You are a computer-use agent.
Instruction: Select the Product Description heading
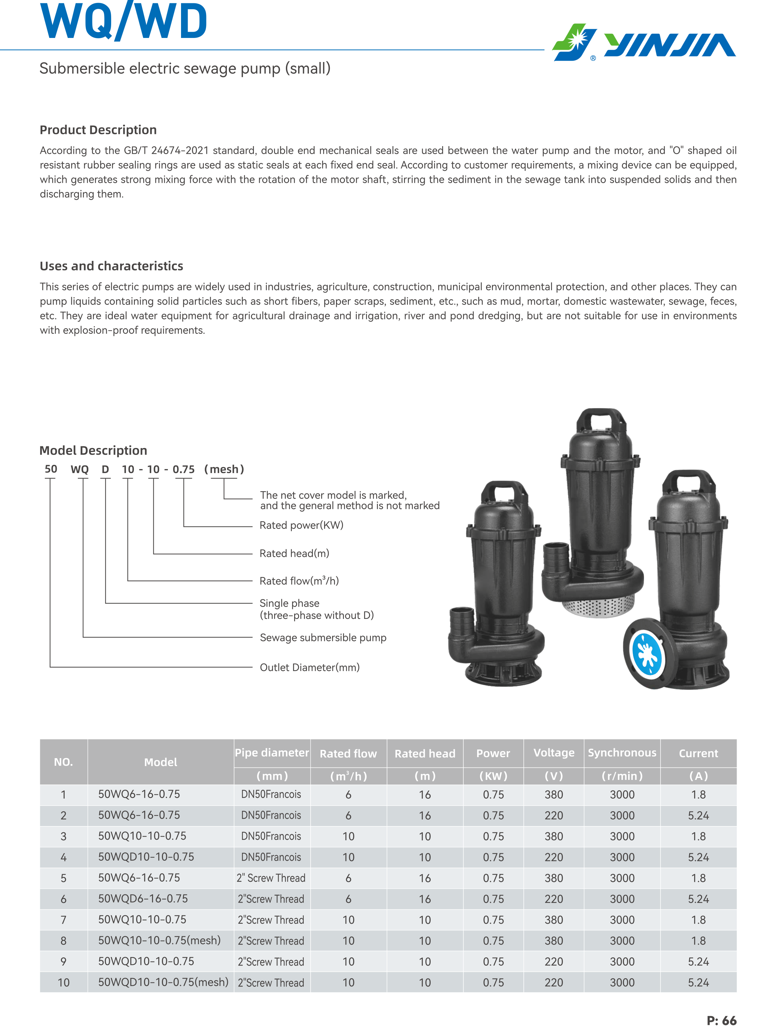pos(98,130)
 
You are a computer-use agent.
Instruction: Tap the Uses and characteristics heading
pos(111,266)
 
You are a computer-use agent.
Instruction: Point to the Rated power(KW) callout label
pos(301,525)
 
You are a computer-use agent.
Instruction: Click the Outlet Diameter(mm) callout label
pos(309,667)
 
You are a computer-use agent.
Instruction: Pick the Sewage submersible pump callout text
pos(323,638)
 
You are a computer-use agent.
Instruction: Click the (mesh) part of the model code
pos(224,469)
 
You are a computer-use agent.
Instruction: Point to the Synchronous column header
pos(622,753)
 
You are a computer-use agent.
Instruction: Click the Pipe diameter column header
pos(272,753)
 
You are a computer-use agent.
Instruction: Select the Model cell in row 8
pos(159,940)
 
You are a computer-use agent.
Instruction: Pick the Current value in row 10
pos(698,982)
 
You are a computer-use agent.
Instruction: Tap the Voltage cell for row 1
pos(554,795)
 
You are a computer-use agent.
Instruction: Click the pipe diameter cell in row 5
pos(271,878)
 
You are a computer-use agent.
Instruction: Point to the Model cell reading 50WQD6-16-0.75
pos(143,899)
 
